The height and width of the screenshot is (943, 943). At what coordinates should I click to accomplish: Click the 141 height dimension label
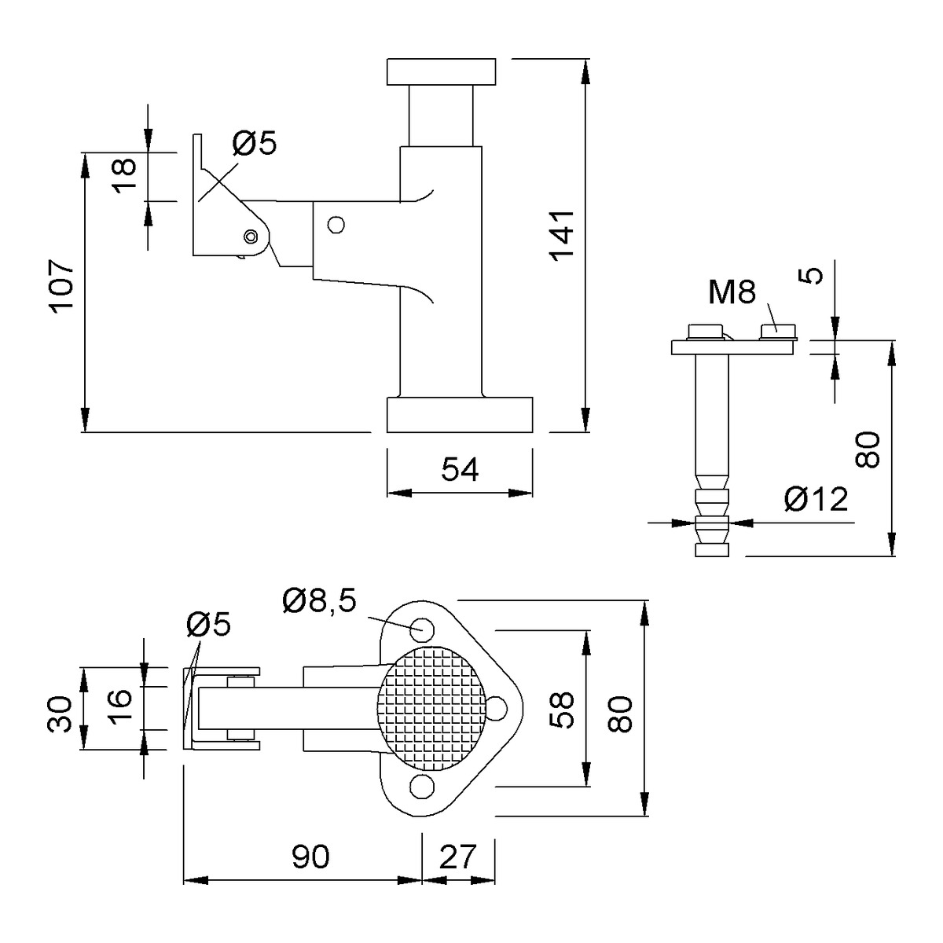[x=562, y=235]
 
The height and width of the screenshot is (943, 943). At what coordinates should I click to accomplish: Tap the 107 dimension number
[x=61, y=286]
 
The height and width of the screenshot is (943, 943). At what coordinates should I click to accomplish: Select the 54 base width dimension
[x=460, y=469]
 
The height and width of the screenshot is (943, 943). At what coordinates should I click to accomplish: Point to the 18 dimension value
[x=126, y=175]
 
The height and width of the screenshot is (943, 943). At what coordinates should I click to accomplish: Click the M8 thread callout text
[x=732, y=292]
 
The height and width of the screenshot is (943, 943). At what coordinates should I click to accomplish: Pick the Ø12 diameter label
[x=816, y=500]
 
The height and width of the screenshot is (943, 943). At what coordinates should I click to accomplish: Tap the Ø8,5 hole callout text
[x=320, y=601]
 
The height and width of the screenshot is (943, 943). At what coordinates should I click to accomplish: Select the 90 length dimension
[x=310, y=857]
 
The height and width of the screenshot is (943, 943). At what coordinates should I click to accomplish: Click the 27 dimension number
[x=457, y=857]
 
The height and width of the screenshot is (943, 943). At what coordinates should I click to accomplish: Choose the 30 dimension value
[x=60, y=714]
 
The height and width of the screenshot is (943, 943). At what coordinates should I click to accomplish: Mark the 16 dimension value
[x=120, y=704]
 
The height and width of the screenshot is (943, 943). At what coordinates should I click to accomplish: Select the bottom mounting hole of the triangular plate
[x=422, y=786]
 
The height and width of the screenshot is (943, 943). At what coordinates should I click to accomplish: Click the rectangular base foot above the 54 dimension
[x=460, y=414]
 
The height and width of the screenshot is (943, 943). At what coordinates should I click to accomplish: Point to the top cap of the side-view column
[x=441, y=72]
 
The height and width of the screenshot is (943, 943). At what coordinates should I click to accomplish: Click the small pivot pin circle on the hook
[x=251, y=237]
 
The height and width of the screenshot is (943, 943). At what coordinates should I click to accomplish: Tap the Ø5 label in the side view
[x=255, y=143]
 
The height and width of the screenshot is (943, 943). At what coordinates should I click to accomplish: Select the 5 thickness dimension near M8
[x=813, y=276]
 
